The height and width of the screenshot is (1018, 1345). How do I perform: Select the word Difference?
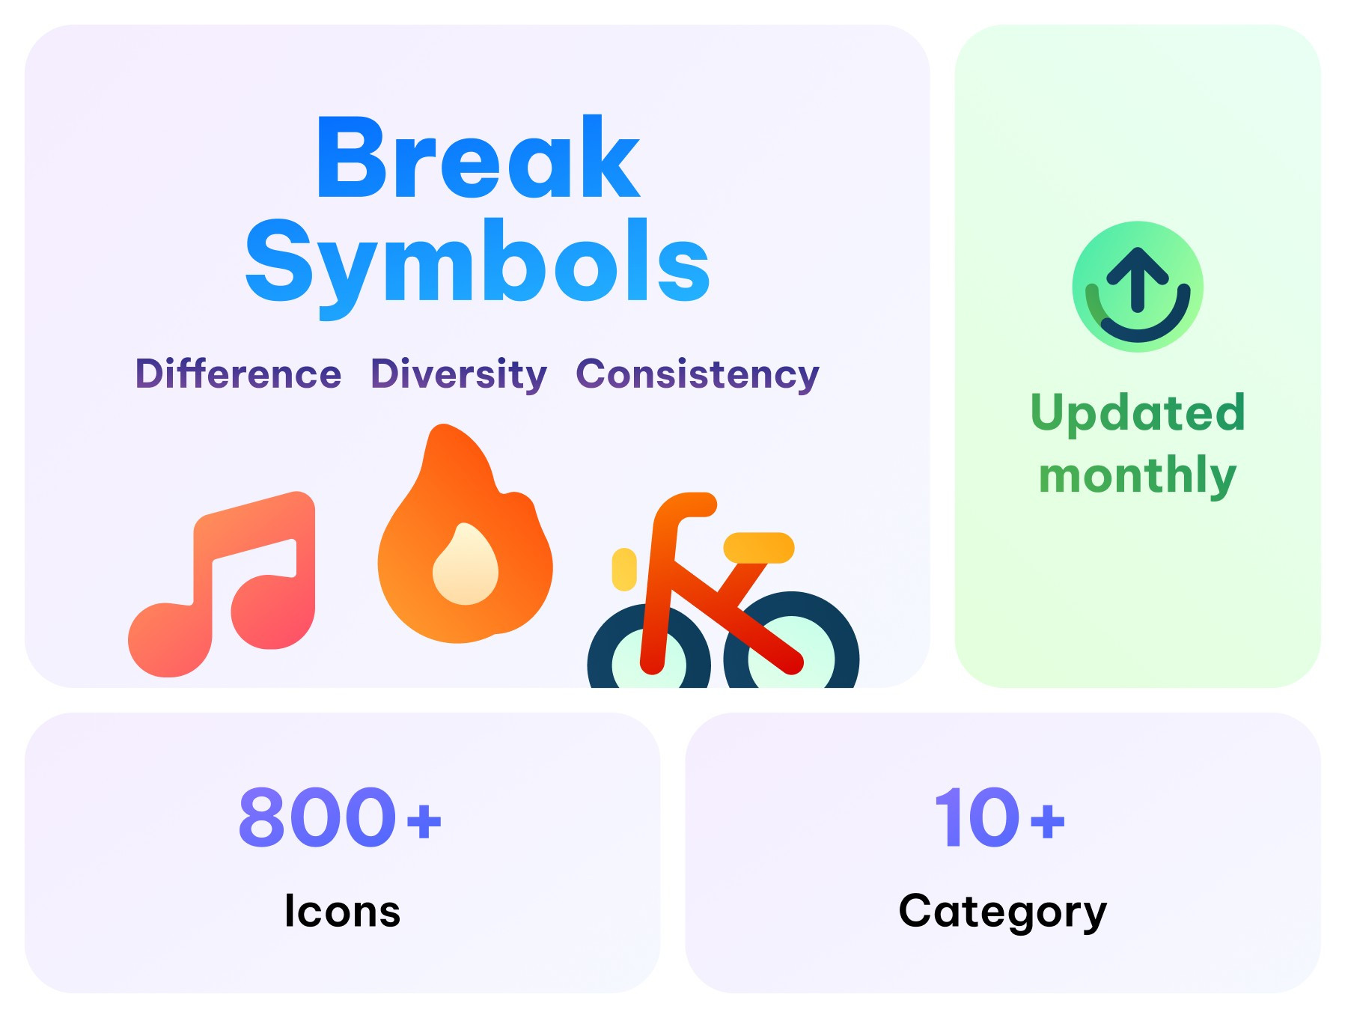[x=238, y=374]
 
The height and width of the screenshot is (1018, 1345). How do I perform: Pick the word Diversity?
[x=459, y=374]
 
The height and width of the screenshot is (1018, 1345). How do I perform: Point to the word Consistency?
[x=698, y=374]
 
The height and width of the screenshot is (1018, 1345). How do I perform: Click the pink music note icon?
[x=225, y=584]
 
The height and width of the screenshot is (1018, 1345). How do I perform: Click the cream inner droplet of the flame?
[x=466, y=566]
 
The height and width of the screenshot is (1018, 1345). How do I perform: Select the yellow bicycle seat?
[x=758, y=547]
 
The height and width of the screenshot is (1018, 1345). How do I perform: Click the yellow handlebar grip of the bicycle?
[x=623, y=569]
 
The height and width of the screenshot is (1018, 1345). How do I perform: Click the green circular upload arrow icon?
[x=1138, y=287]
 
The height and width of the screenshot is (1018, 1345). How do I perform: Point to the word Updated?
[x=1138, y=412]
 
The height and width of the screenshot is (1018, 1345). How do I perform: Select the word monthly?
[x=1138, y=475]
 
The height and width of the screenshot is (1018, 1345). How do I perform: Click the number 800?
[x=317, y=817]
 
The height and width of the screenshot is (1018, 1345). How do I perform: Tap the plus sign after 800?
[x=424, y=820]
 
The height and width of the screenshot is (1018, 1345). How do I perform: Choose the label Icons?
[x=342, y=911]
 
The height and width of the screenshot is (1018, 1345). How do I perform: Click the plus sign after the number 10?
[x=1048, y=820]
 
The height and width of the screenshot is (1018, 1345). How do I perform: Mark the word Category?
[x=1002, y=912]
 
